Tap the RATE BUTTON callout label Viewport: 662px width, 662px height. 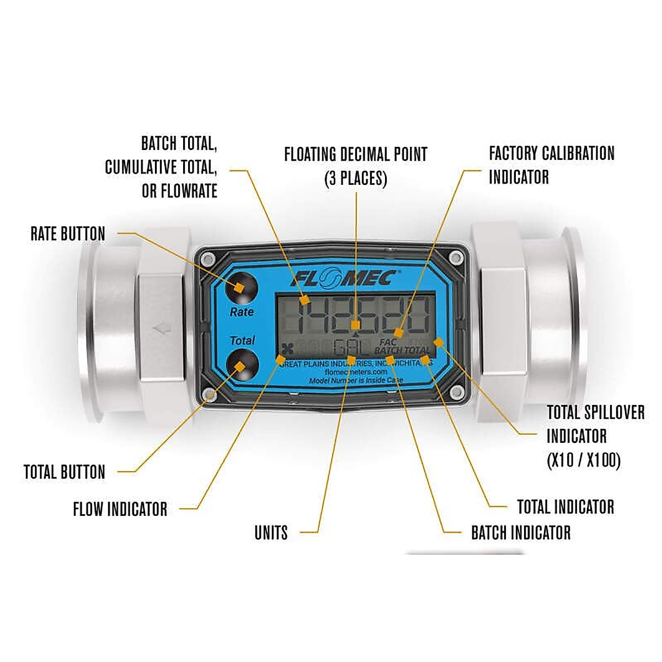pyautogui.click(x=68, y=234)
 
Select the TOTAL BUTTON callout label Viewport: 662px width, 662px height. pyautogui.click(x=64, y=472)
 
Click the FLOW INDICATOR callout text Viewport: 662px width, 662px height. pyautogui.click(x=120, y=509)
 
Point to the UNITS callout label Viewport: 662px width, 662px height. pyautogui.click(x=271, y=533)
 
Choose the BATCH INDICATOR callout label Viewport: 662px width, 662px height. pyautogui.click(x=521, y=533)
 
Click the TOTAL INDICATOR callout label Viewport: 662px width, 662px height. pyautogui.click(x=565, y=507)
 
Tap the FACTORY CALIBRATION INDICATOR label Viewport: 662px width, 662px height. pyautogui.click(x=551, y=165)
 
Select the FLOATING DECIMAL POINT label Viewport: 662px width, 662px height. pyautogui.click(x=356, y=165)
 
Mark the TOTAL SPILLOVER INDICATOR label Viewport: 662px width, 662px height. pyautogui.click(x=595, y=436)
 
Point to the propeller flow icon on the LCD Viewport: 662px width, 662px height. pyautogui.click(x=286, y=348)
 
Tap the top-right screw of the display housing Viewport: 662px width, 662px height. pyautogui.click(x=456, y=258)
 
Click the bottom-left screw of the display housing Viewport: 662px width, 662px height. pyautogui.click(x=209, y=394)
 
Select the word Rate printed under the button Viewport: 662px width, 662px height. pyautogui.click(x=242, y=312)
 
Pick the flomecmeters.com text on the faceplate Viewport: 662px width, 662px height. pyautogui.click(x=356, y=372)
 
